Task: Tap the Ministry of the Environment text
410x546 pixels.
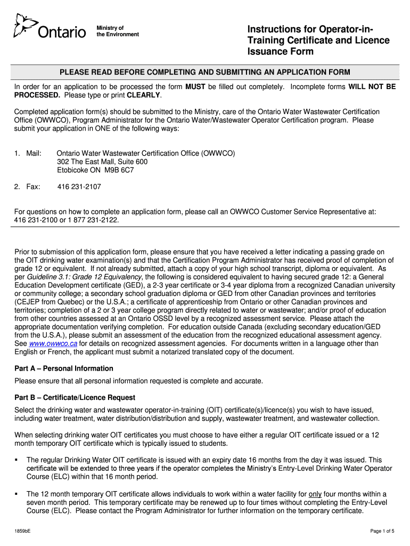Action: pos(117,31)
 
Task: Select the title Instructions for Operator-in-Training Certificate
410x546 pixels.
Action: pos(318,40)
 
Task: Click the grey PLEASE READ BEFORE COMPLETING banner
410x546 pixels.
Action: pos(204,72)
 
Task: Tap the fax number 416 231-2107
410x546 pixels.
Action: pos(79,187)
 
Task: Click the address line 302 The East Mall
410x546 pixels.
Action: pos(102,162)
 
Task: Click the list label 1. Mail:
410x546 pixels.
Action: pos(28,153)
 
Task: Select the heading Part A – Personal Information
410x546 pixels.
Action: pos(63,368)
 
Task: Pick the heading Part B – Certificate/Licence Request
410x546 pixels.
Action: pos(75,397)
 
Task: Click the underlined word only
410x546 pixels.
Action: pos(315,494)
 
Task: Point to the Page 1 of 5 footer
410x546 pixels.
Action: pos(382,531)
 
